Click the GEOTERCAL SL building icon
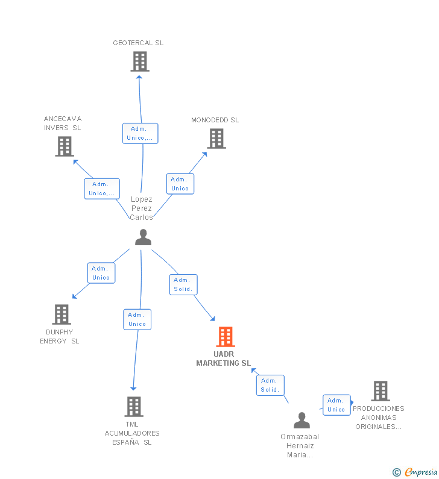pos(140,61)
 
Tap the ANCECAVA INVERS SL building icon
pos(65,146)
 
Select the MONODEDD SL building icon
pos(216,139)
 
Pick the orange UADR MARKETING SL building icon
pos(226,337)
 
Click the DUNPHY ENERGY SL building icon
pos(62,315)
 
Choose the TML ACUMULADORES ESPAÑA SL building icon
pos(134,407)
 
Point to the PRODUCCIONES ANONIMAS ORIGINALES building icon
pos(381,390)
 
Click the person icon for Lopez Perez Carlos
pos(143,237)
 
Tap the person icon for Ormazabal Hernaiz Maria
pos(302,420)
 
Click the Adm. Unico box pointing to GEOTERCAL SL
pos(141,134)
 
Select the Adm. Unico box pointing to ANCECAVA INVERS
pos(102,189)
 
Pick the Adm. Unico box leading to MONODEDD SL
pos(180,184)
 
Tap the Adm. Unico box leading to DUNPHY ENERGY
pos(101,273)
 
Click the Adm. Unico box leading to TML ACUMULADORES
pos(137,319)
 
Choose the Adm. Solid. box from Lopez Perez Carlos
pos(183,285)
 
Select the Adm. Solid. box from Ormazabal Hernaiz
pos(270,385)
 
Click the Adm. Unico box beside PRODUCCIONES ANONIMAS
pos(336,405)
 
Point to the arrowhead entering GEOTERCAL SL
pos(139,77)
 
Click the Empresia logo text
pos(421,472)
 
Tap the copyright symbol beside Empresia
pos(397,472)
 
